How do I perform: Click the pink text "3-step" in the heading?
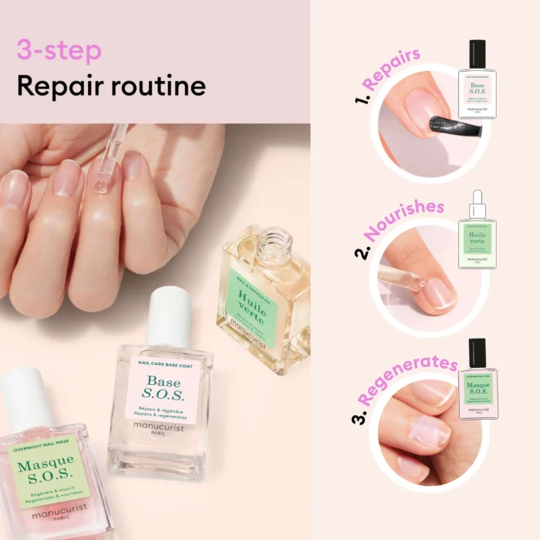59,51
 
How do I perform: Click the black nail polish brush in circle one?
454,127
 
